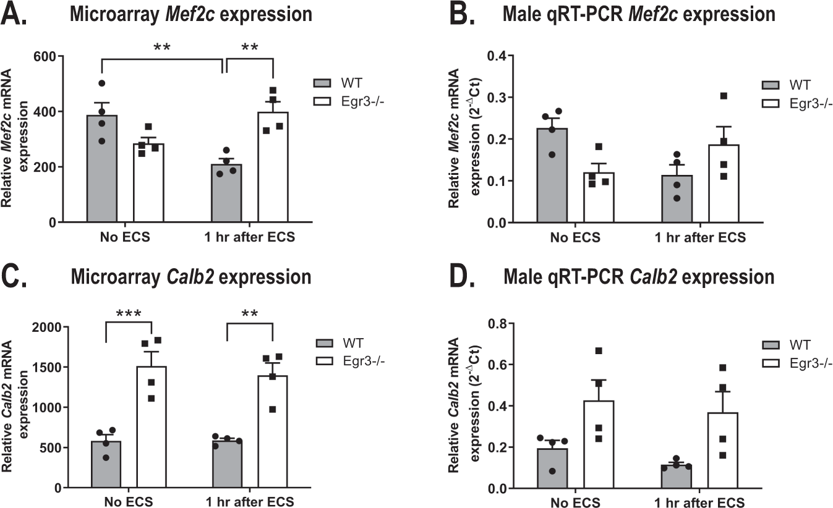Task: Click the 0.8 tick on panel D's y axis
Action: click(499, 324)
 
